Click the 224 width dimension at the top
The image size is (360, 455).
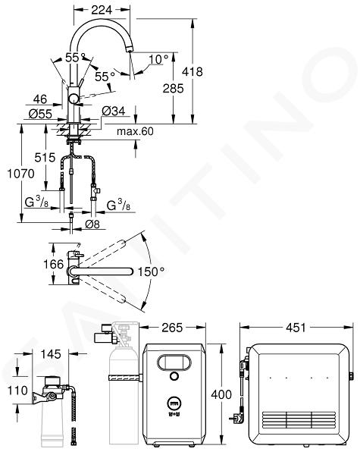click(102, 10)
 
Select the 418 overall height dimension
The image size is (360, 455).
click(193, 71)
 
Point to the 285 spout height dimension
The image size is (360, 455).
click(174, 88)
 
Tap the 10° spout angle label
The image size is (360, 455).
click(158, 59)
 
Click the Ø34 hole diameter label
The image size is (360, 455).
click(114, 111)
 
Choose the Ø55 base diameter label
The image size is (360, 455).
click(40, 114)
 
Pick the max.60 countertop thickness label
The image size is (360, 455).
click(135, 131)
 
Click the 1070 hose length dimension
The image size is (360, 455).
click(20, 174)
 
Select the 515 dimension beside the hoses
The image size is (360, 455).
click(45, 158)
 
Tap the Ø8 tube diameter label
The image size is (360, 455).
click(92, 224)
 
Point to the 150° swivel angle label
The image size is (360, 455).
click(151, 272)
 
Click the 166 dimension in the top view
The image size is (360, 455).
click(53, 264)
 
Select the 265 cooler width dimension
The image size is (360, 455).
click(172, 328)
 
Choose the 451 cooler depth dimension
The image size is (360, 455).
click(296, 328)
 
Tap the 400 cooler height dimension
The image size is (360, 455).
click(221, 394)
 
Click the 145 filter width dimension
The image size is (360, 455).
click(51, 354)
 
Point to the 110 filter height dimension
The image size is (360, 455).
click(17, 391)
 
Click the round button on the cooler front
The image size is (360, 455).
click(174, 376)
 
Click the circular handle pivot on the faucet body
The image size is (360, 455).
click(73, 99)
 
